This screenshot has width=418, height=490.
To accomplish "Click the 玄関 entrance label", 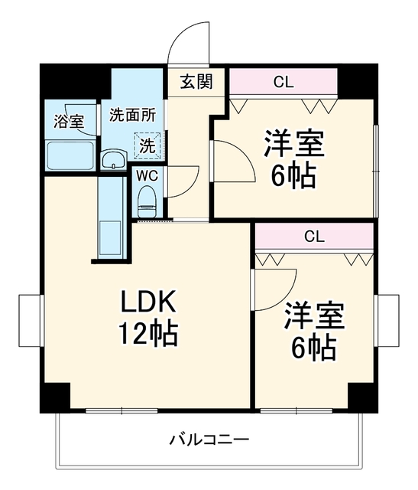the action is [196, 81].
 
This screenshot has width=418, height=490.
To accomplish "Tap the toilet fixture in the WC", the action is [147, 201].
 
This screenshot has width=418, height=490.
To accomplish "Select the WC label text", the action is [147, 176].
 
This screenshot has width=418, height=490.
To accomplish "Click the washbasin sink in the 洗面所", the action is [114, 159].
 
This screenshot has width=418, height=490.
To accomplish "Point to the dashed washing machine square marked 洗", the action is [147, 145].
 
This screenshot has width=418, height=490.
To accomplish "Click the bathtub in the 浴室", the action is [70, 155].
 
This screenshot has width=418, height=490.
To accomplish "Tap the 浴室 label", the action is [69, 121].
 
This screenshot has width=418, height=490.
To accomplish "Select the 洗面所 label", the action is [132, 116].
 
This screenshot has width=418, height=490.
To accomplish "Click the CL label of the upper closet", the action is [284, 82].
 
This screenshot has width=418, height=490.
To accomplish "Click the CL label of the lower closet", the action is [314, 237].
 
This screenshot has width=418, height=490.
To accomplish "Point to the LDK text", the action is [148, 302].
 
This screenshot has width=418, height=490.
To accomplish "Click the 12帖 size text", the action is [149, 333].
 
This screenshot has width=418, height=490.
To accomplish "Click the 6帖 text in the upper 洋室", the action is [293, 175].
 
